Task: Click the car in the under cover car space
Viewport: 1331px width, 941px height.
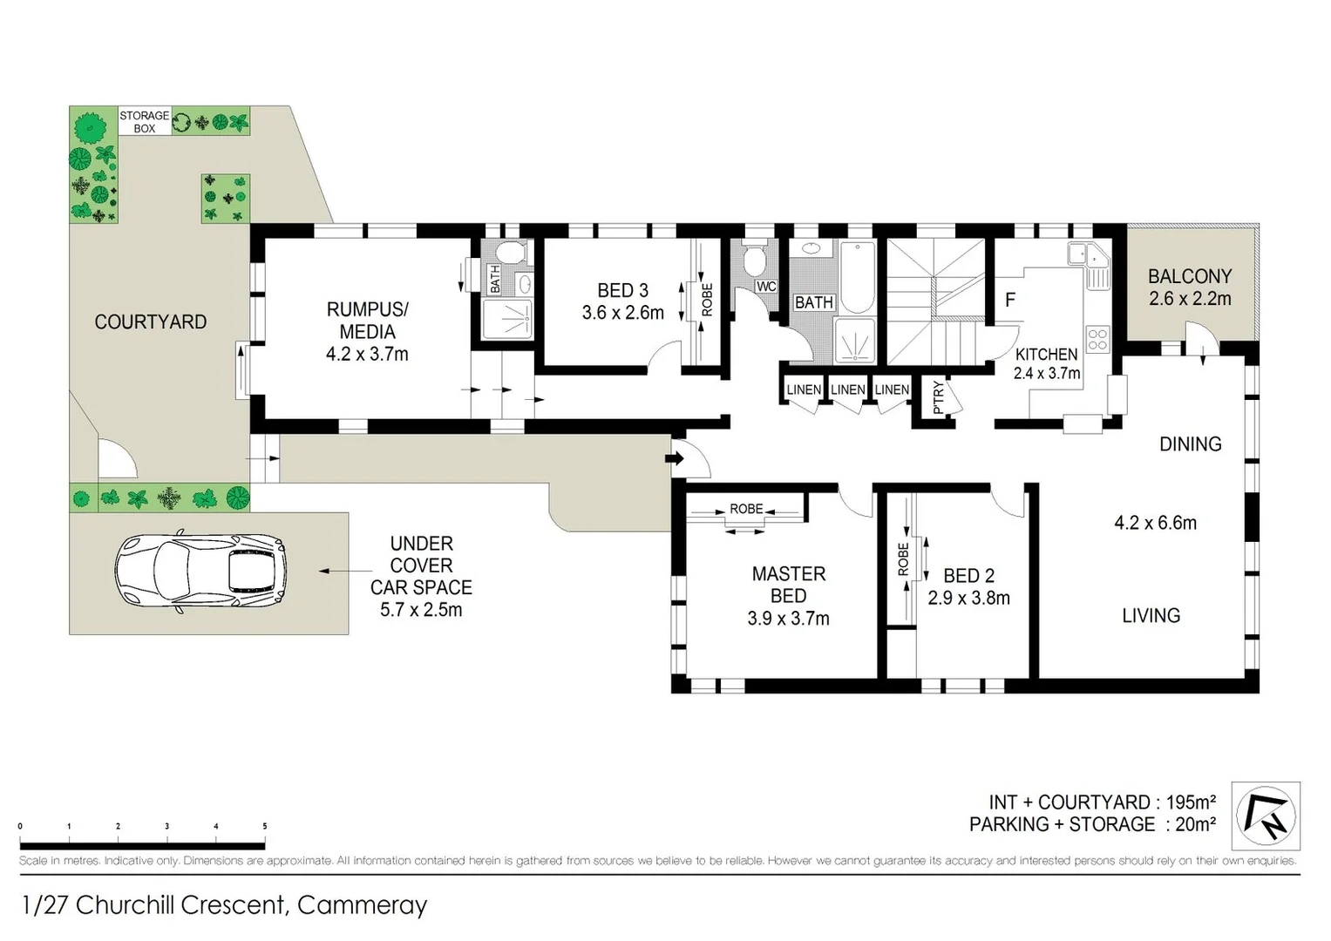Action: pos(200,572)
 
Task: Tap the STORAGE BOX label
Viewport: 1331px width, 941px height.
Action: pos(144,121)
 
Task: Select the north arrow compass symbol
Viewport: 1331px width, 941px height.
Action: pos(1266,816)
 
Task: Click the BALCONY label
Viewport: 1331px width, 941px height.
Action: pos(1189,276)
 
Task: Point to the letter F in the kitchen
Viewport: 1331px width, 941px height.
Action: pos(1010,300)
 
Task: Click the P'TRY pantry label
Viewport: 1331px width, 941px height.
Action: pos(938,397)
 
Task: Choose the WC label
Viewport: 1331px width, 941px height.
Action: pos(766,286)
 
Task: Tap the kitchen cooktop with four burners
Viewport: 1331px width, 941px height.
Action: pos(1097,338)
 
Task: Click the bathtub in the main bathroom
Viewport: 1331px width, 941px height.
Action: pos(858,276)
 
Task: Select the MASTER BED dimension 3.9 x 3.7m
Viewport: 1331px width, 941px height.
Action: pos(788,619)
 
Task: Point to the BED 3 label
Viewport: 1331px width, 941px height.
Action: pos(622,290)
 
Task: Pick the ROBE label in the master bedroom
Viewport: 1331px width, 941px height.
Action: pos(746,509)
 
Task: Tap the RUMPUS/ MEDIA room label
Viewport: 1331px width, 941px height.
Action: pos(367,320)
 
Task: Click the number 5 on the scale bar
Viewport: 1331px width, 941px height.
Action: pos(264,826)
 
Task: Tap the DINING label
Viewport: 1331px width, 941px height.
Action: pos(1190,443)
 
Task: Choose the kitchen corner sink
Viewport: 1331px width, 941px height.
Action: pos(1089,255)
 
